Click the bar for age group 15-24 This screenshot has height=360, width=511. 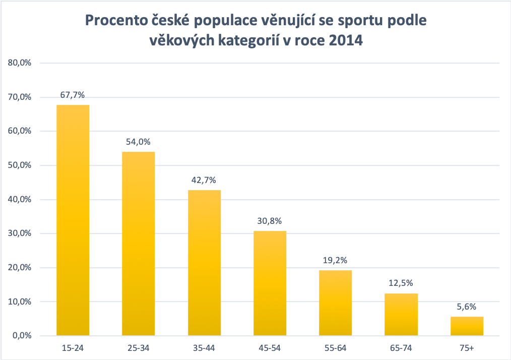pos(73,220)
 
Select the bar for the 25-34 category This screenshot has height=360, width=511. pos(139,244)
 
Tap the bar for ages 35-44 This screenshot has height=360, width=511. pos(204,263)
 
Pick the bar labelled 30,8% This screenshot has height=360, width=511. pos(270,283)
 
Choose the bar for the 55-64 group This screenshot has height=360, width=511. pos(336,303)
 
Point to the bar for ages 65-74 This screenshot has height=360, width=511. pos(401,315)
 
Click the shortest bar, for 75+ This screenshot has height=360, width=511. pos(467,326)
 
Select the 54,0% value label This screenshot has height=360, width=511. pos(139,142)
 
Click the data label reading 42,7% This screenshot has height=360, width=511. pos(204,181)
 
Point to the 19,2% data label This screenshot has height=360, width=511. pos(336,261)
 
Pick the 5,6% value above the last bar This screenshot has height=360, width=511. pos(467,307)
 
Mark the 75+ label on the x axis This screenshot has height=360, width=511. pos(467,348)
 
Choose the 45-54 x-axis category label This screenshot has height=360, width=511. pos(270,348)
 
